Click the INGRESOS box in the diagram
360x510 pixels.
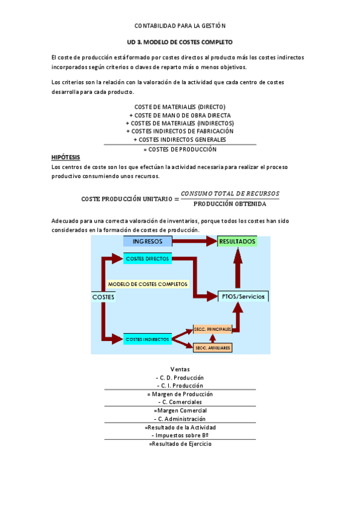[147, 241]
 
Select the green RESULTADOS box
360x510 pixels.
[237, 241]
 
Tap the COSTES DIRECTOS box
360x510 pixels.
[147, 259]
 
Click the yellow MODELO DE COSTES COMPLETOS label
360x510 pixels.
[147, 284]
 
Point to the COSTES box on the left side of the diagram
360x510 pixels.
[103, 297]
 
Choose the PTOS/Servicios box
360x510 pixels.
[242, 296]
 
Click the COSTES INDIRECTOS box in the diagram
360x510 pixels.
[147, 340]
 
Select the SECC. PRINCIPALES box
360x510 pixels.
[212, 330]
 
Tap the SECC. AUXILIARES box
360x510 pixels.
[212, 348]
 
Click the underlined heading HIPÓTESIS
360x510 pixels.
[66, 157]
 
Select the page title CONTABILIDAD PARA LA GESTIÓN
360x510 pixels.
[179, 26]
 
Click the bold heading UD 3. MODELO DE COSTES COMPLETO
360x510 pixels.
[180, 43]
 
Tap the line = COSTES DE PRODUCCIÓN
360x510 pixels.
[180, 149]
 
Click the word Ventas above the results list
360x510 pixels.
[180, 369]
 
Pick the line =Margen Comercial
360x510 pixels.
[180, 410]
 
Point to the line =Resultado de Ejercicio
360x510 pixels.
[180, 444]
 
